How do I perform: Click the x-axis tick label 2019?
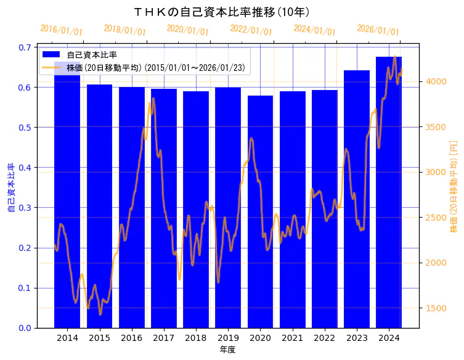(228, 338)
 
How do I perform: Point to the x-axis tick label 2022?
(324, 338)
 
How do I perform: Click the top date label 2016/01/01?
(61, 30)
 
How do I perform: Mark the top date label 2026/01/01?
(378, 30)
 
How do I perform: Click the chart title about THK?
(222, 12)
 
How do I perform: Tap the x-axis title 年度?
(227, 350)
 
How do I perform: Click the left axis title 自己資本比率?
(11, 187)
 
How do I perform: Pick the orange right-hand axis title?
(454, 187)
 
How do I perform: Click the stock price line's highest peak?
(394, 57)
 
